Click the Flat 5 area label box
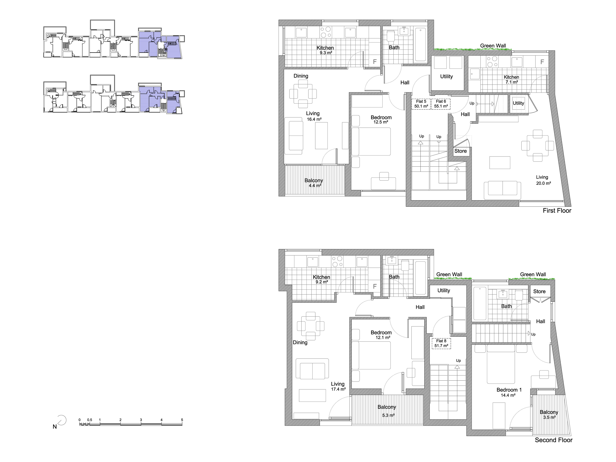[421, 104]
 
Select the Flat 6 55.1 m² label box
[441, 104]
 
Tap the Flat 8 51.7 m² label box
[441, 343]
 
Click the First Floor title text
[557, 211]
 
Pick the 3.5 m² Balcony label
[549, 414]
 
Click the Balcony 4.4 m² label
[314, 183]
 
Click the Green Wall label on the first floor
[493, 46]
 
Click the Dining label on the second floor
[300, 342]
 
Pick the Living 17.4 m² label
[338, 387]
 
